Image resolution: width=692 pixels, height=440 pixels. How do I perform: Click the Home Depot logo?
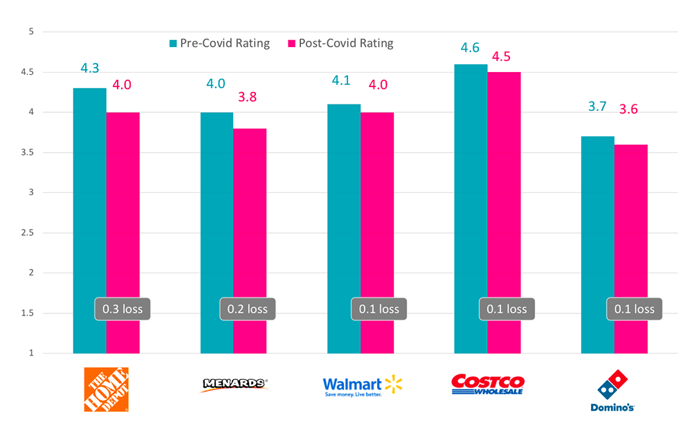pyautogui.click(x=106, y=389)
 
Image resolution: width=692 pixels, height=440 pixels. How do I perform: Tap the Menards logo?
pyautogui.click(x=233, y=385)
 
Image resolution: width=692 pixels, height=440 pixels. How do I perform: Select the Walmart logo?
pyautogui.click(x=362, y=386)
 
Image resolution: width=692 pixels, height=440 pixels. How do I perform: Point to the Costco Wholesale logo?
pyautogui.click(x=487, y=385)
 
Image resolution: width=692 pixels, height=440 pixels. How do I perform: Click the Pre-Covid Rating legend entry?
pyautogui.click(x=219, y=43)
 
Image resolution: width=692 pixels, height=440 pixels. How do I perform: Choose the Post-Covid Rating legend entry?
pyautogui.click(x=340, y=43)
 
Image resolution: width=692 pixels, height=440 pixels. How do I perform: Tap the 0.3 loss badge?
pyautogui.click(x=122, y=309)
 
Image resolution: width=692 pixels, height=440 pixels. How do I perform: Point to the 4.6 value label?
pyautogui.click(x=471, y=48)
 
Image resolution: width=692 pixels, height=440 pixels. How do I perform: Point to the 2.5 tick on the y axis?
pyautogui.click(x=28, y=232)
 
